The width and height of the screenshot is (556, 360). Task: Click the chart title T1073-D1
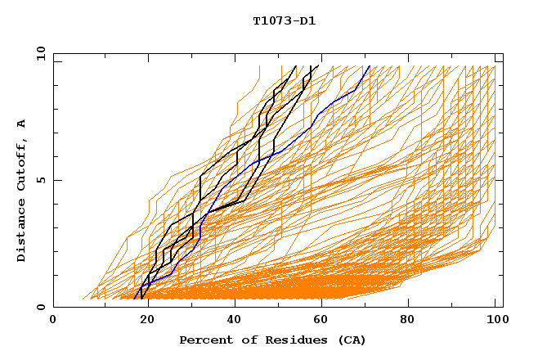(284, 20)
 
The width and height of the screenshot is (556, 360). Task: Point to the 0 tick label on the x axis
(53, 321)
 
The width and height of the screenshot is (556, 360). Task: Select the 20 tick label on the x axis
(142, 321)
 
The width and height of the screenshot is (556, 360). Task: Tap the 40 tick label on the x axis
(231, 321)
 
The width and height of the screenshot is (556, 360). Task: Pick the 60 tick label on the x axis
(319, 321)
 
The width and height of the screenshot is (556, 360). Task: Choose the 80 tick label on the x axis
(407, 321)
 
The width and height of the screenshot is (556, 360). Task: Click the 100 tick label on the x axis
(495, 321)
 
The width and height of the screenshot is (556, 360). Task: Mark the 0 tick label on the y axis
(40, 307)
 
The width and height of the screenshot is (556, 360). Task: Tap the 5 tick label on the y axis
(40, 180)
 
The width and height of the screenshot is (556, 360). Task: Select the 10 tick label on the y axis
(38, 53)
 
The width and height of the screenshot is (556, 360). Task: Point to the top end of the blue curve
(370, 65)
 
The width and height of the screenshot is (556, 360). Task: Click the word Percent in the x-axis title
(204, 340)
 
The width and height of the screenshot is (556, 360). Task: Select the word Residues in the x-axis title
(298, 340)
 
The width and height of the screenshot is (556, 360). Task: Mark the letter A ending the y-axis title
(22, 124)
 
